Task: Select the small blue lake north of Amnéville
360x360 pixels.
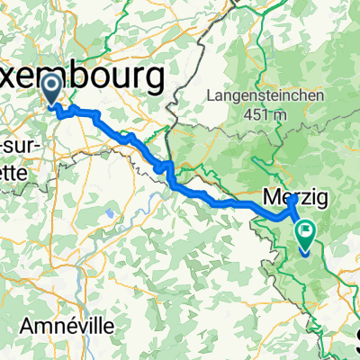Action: (109, 214)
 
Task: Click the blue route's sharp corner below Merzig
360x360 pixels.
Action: (290, 215)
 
